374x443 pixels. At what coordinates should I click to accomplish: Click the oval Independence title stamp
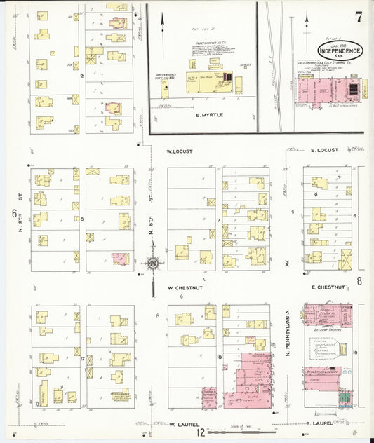pyautogui.click(x=340, y=50)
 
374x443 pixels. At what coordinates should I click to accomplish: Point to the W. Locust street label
pyautogui.click(x=180, y=151)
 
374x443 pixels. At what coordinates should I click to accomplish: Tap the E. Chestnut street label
pyautogui.click(x=329, y=287)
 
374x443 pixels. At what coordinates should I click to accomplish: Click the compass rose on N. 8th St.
pyautogui.click(x=154, y=264)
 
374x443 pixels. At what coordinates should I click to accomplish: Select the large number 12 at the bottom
pyautogui.click(x=201, y=432)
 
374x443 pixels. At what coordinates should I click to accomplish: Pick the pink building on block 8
pyautogui.click(x=120, y=258)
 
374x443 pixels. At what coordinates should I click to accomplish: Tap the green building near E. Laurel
pyautogui.click(x=344, y=399)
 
